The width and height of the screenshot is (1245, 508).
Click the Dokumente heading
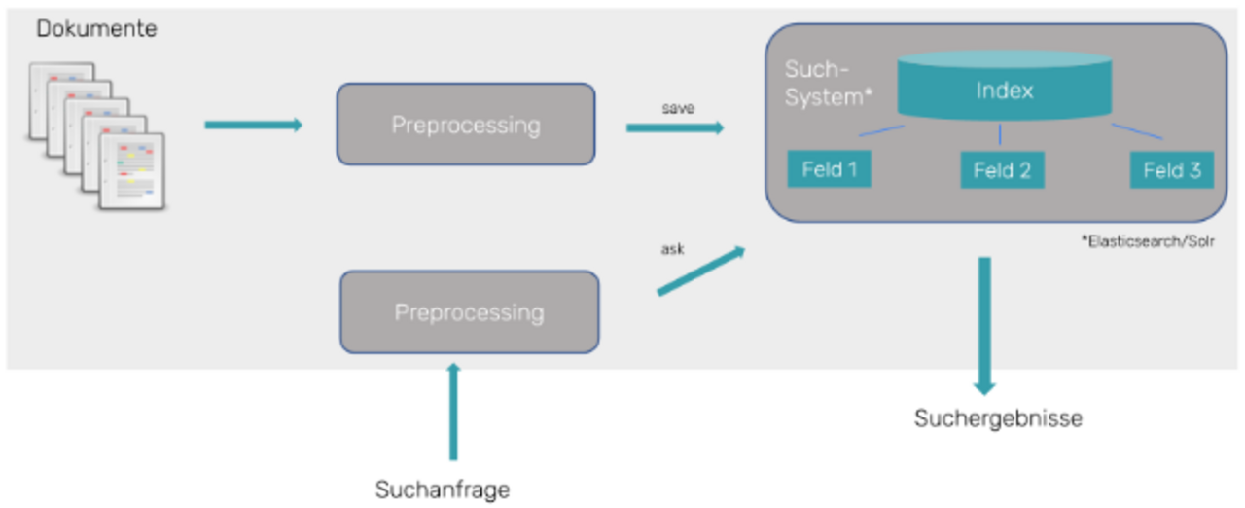(x=96, y=29)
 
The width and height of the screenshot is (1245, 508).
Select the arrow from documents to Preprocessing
(x=253, y=125)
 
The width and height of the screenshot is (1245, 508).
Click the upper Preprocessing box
(x=465, y=125)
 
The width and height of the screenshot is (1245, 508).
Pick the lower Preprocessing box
(x=469, y=312)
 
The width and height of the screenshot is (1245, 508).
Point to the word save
(x=678, y=108)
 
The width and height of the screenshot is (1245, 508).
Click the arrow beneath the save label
(x=675, y=127)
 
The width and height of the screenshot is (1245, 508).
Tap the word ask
(x=672, y=249)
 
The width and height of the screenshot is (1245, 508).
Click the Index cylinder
(x=1004, y=91)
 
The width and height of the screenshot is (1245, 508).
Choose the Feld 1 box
(x=829, y=170)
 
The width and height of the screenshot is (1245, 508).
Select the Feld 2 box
(x=1002, y=171)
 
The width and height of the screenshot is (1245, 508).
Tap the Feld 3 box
(x=1171, y=171)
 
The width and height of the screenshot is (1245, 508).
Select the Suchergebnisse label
(x=998, y=419)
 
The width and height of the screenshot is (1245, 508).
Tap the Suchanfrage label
(x=443, y=490)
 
